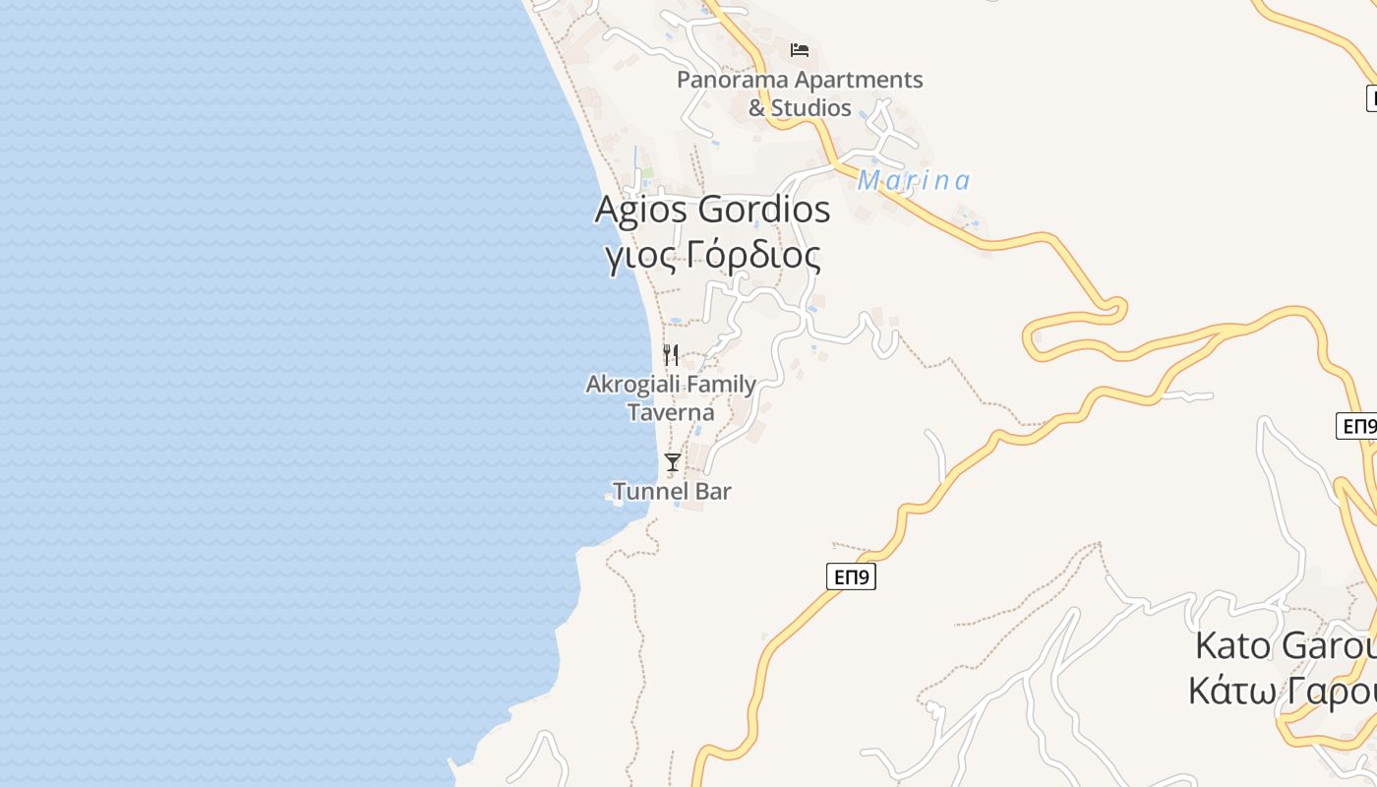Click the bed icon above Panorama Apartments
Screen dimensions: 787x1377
coord(800,49)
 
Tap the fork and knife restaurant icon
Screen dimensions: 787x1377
coord(671,355)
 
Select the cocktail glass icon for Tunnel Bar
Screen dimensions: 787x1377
coord(673,461)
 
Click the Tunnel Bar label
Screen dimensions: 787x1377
coord(672,491)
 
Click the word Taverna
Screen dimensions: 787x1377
coord(671,412)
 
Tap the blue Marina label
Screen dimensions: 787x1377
coord(914,181)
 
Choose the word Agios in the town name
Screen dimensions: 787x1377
coord(642,210)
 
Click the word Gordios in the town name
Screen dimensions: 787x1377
coord(764,210)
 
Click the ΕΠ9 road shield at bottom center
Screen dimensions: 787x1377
coord(851,576)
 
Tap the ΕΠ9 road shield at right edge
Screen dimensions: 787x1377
coord(1357,426)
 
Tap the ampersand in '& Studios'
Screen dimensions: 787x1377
coord(756,108)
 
